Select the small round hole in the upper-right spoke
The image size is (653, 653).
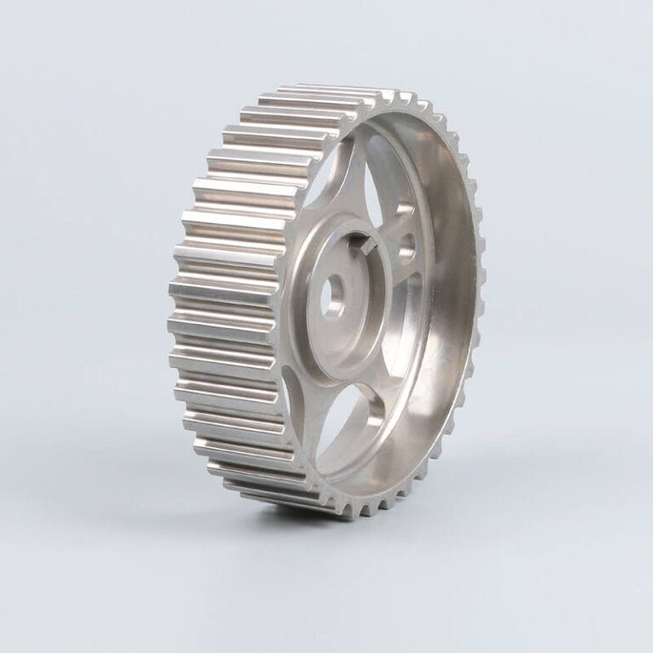click(406, 247)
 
